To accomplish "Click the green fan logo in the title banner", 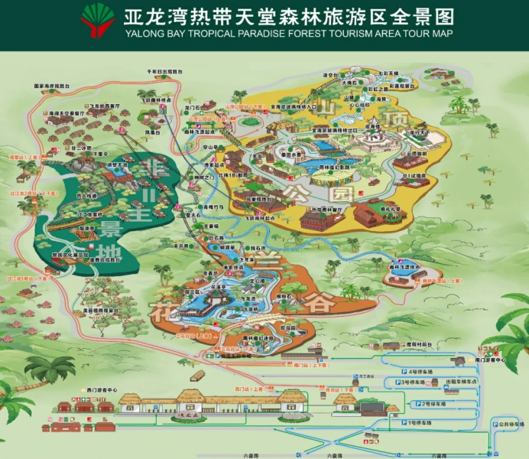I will tap(96, 21).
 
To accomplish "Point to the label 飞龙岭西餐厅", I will tap(104, 106).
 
